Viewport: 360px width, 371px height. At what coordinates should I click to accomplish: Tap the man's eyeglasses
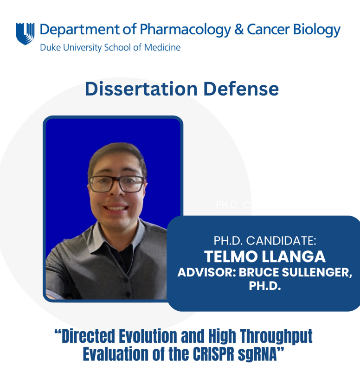tap(117, 184)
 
